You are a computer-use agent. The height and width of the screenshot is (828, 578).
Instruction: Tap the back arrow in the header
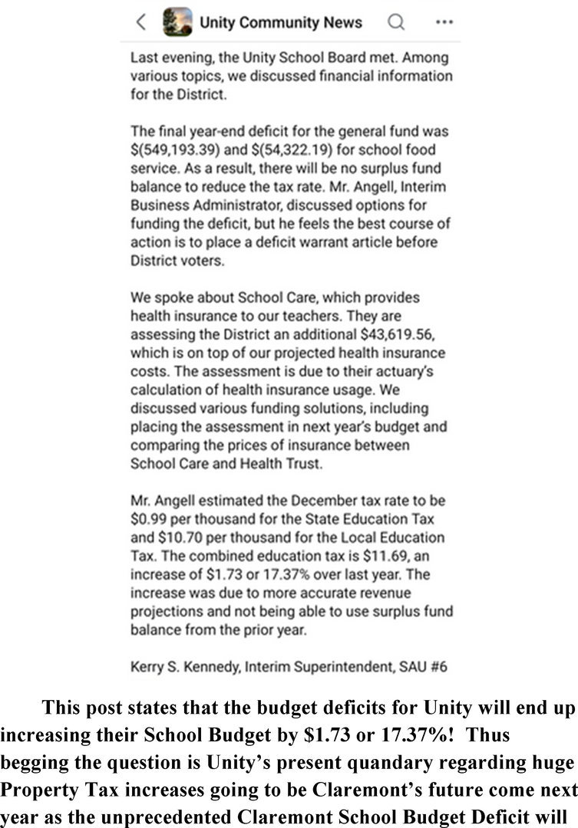pos(140,22)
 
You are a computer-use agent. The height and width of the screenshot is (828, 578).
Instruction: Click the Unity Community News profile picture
pos(178,22)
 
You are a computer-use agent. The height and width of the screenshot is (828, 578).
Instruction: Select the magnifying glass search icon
pos(396,22)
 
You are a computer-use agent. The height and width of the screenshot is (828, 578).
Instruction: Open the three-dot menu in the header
pos(444,22)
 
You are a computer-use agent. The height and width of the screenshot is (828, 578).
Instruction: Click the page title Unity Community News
pos(281,23)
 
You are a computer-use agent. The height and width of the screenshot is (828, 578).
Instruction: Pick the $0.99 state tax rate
pos(147,519)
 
